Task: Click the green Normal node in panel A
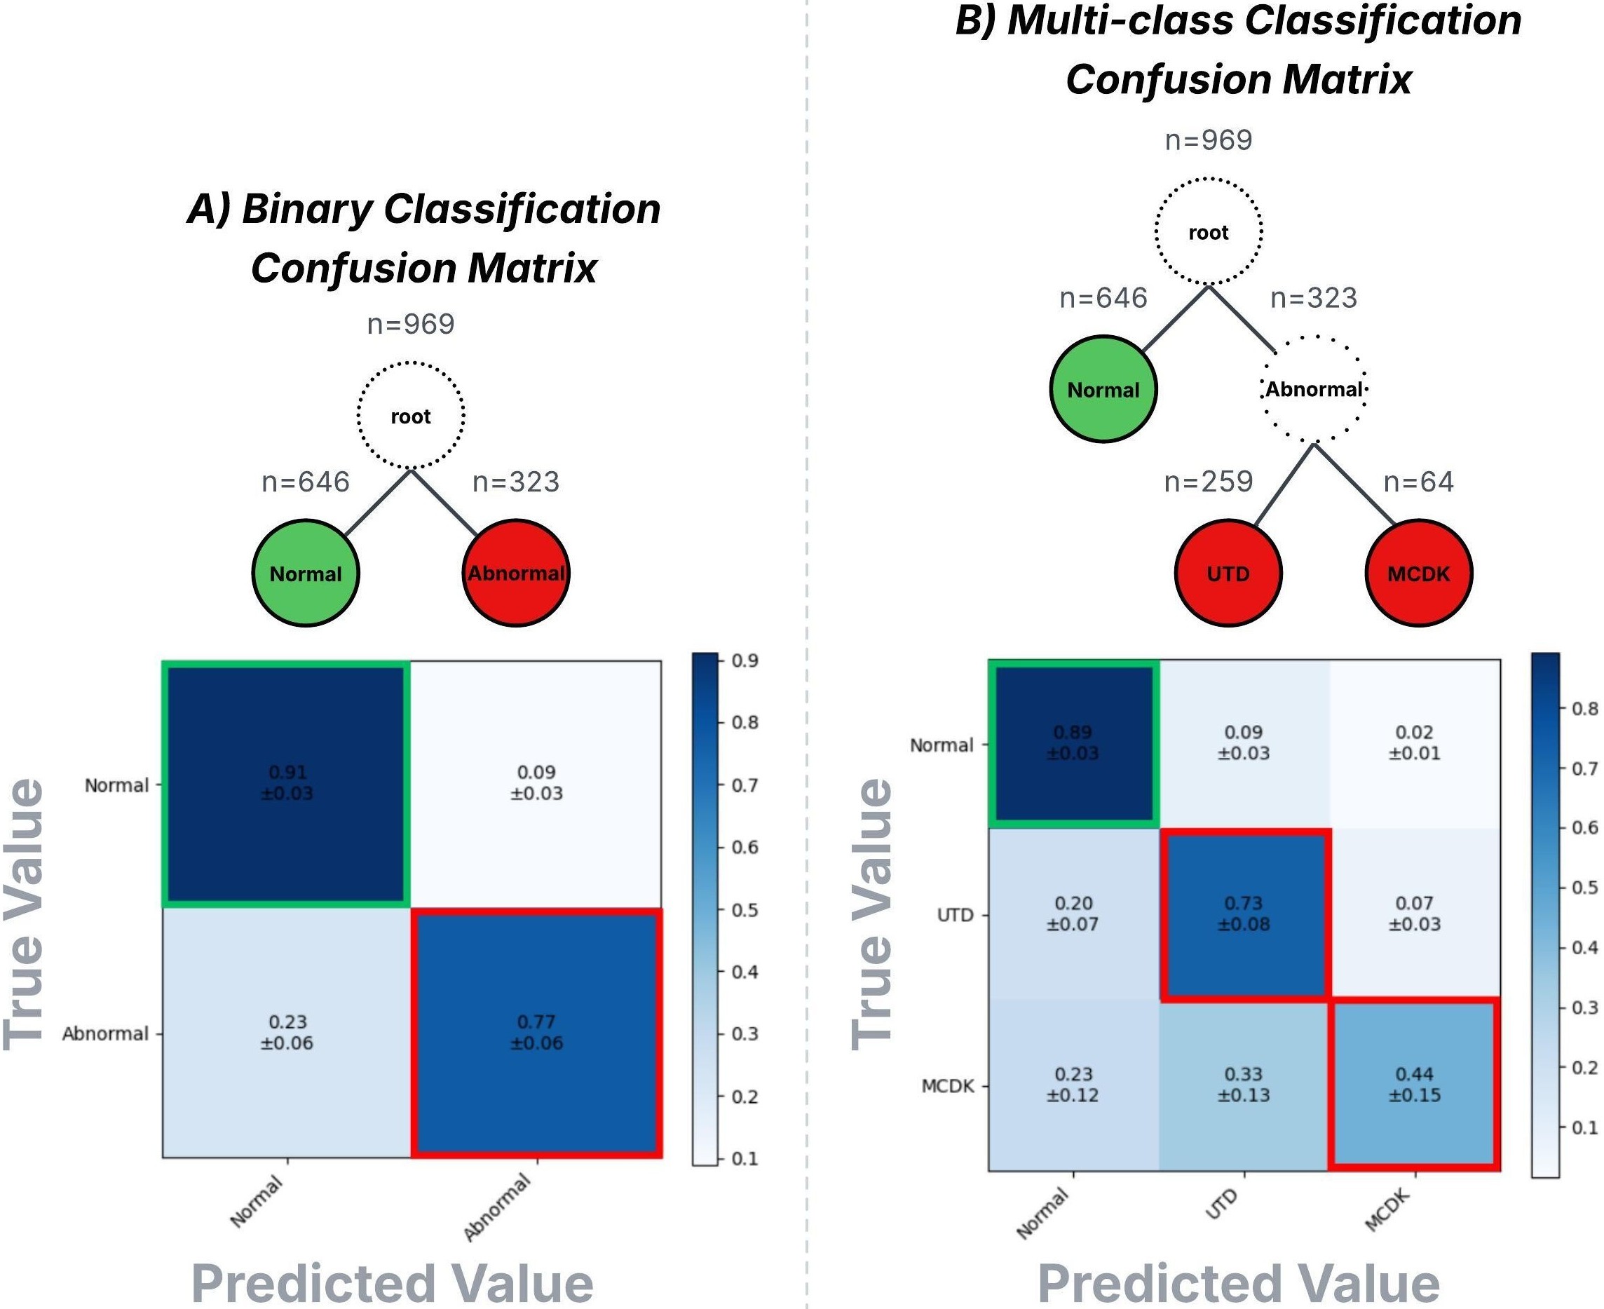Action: click(x=305, y=573)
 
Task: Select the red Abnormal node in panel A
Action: click(x=515, y=573)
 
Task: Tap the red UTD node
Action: click(x=1228, y=573)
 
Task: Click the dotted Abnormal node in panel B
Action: click(x=1314, y=389)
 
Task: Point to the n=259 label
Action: click(x=1209, y=481)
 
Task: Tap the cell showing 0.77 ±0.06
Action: click(x=536, y=1032)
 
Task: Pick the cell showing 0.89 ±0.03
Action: click(x=1073, y=742)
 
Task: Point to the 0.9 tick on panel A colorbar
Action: click(x=744, y=660)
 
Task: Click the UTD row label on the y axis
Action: click(x=955, y=915)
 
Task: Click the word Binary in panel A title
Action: click(x=307, y=209)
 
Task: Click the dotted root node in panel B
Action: click(x=1209, y=231)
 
